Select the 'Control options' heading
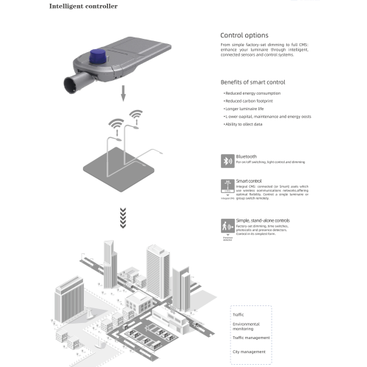(244, 35)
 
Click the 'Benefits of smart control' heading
(253, 82)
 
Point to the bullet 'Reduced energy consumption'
(252, 95)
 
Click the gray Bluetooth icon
(227, 160)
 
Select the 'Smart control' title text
(249, 181)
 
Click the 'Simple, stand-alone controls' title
(263, 220)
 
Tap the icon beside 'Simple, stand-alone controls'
(227, 225)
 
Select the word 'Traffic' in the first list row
(239, 314)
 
